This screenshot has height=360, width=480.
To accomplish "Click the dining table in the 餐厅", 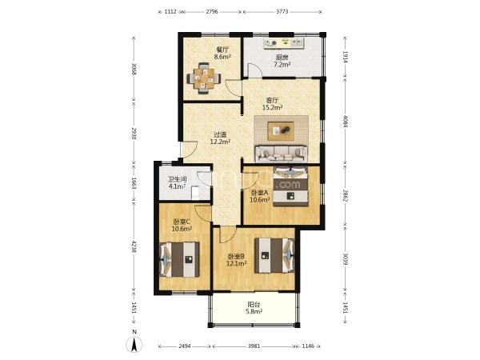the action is tap(203, 78).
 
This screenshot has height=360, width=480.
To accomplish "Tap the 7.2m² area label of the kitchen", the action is tap(282, 65).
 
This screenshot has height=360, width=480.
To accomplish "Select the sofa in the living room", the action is tap(282, 154).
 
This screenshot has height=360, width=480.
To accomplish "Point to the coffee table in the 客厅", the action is tap(281, 131).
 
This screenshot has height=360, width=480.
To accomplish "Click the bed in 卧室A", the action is tap(290, 186).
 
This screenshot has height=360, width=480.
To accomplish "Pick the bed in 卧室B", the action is tap(274, 255).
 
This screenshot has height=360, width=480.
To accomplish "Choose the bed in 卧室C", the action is tap(179, 259).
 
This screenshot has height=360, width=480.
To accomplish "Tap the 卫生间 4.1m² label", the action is tap(178, 182).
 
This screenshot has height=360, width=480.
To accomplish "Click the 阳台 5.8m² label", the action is tap(254, 308).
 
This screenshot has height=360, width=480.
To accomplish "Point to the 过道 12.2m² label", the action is tap(220, 138).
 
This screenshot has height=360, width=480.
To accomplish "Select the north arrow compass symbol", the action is tap(134, 343).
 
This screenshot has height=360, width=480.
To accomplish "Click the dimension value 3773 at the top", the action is tap(282, 12).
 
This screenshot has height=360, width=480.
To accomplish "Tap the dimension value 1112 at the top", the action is tap(170, 12).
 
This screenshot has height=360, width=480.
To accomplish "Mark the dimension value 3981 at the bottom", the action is tap(254, 346).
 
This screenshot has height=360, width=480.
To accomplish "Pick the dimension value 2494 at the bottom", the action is tap(185, 346).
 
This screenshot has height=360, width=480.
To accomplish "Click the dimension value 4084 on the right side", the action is tap(346, 122).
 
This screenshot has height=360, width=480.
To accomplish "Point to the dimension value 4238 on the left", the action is tap(134, 246).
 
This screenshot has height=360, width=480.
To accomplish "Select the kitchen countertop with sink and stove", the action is tap(284, 43).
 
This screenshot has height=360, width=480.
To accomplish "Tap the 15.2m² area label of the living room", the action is tap(272, 107).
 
